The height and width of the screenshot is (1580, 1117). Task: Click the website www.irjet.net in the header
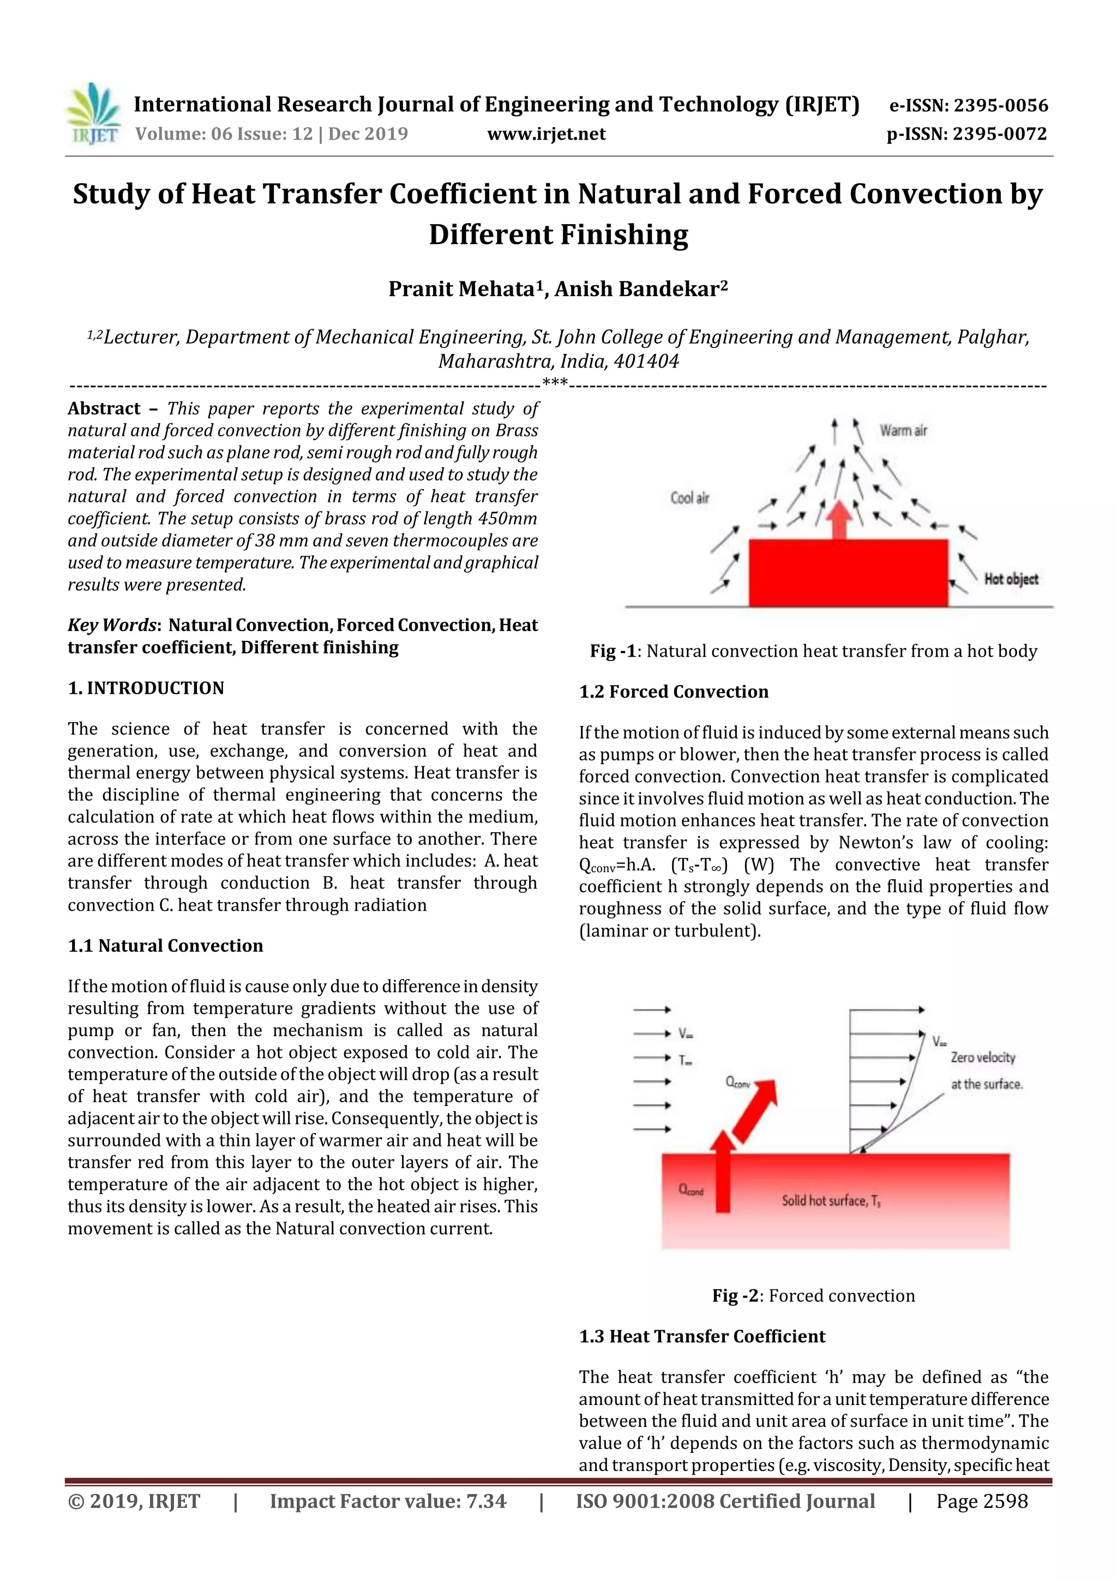[547, 134]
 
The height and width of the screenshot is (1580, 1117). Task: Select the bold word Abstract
[104, 408]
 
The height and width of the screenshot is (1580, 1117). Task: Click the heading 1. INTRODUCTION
[146, 688]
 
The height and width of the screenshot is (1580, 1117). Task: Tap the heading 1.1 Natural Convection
[165, 946]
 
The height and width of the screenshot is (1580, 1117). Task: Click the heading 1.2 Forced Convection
[674, 692]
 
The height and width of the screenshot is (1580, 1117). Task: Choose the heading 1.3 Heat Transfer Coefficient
[702, 1336]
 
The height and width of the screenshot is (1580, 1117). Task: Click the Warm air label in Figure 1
[903, 431]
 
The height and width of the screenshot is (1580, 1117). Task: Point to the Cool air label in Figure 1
[689, 497]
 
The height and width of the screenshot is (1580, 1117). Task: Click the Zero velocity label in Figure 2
[983, 1058]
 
